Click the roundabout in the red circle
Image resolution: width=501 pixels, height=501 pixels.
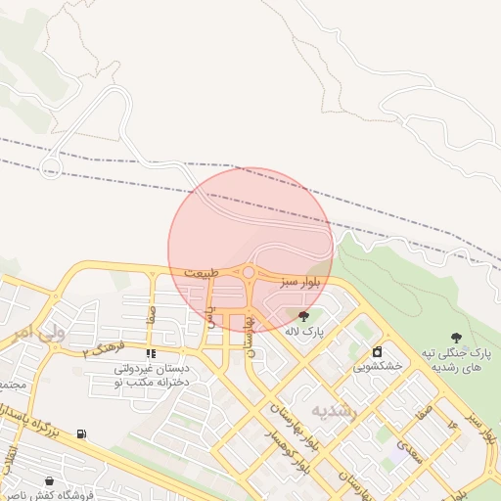click(250, 273)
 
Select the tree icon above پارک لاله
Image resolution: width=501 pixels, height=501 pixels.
click(303, 315)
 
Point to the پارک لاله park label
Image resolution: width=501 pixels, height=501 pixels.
click(304, 332)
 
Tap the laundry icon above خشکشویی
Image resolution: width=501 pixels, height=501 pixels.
click(377, 351)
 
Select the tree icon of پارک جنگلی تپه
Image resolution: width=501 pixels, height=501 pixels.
click(455, 338)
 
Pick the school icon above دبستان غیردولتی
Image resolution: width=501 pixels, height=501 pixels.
click(150, 353)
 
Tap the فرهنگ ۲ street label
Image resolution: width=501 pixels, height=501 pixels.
click(104, 348)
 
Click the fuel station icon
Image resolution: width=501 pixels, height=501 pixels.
click(80, 433)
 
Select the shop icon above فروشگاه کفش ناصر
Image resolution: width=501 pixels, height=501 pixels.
click(49, 479)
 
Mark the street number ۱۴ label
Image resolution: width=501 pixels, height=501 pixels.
click(452, 425)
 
